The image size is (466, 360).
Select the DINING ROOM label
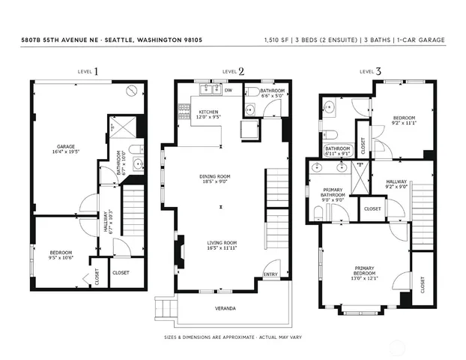tap(214, 176)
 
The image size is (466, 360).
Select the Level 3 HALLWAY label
tap(396, 181)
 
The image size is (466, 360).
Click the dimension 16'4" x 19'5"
tap(69, 151)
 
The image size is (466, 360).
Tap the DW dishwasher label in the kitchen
tap(227, 90)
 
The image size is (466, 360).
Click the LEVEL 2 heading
tap(233, 71)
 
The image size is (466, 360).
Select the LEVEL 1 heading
tap(88, 71)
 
